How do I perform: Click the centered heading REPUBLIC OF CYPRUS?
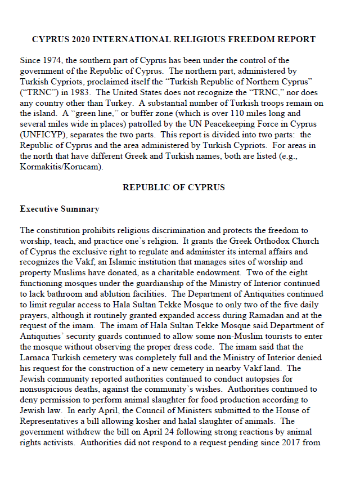click(x=173, y=187)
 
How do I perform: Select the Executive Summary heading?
click(x=59, y=209)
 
